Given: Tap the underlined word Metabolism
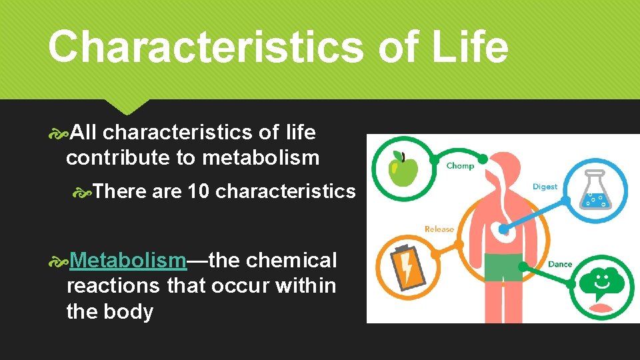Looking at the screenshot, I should point(128,259).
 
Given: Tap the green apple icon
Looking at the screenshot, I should point(402,168).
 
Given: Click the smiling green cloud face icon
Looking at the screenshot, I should point(601,283).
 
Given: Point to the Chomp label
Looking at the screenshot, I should point(460,166).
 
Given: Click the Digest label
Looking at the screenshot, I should point(545,187).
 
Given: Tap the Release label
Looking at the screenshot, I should point(439,229).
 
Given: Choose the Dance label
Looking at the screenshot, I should point(560,264).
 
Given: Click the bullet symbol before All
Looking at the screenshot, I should point(59,133).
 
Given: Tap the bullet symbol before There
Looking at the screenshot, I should point(82,192).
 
